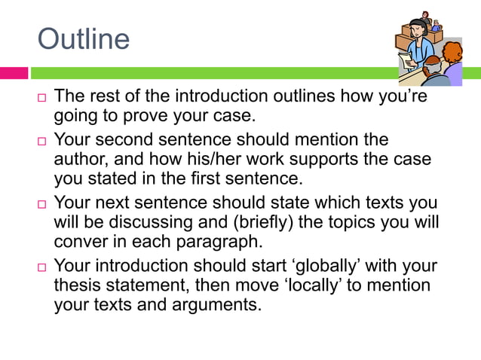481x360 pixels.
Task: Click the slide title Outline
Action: [83, 38]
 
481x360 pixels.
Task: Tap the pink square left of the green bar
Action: [14, 73]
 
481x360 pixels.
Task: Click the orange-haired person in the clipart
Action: [450, 56]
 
